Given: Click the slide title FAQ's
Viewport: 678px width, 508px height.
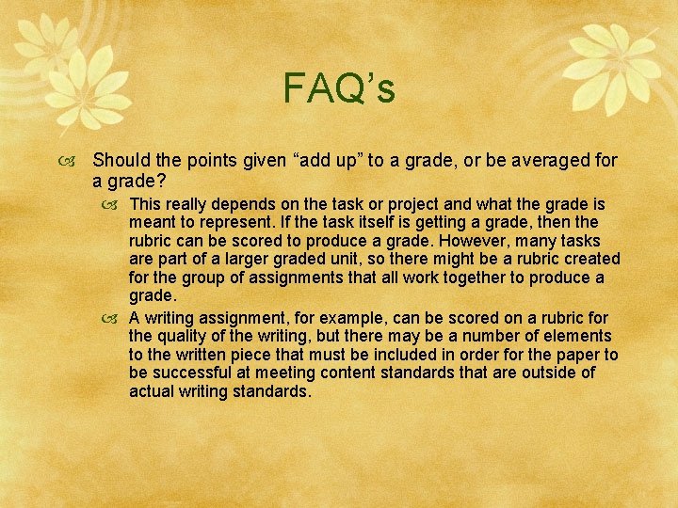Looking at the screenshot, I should [x=339, y=88].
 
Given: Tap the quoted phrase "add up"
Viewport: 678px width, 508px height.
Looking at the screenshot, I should [x=317, y=161].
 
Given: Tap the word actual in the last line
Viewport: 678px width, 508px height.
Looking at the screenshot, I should [x=153, y=391].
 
